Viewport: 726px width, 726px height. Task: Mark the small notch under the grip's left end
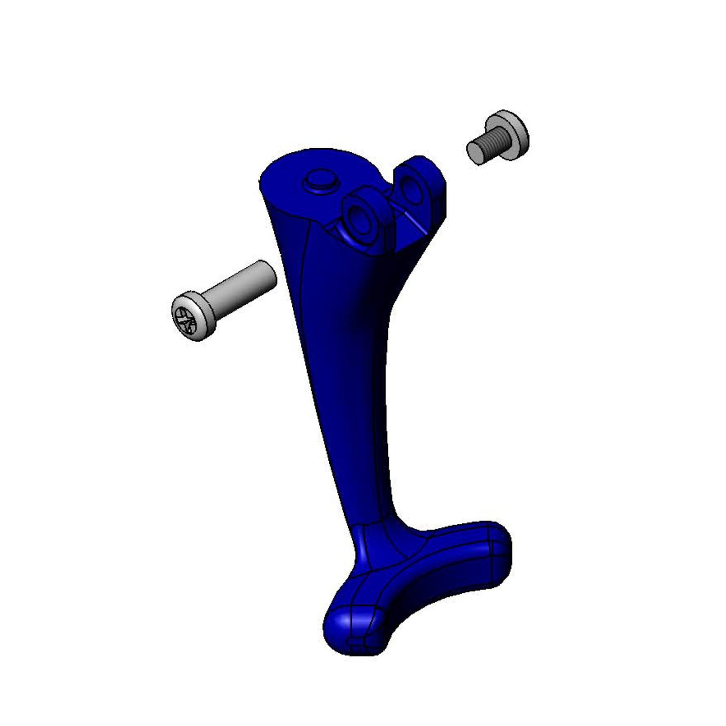[x=358, y=648]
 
